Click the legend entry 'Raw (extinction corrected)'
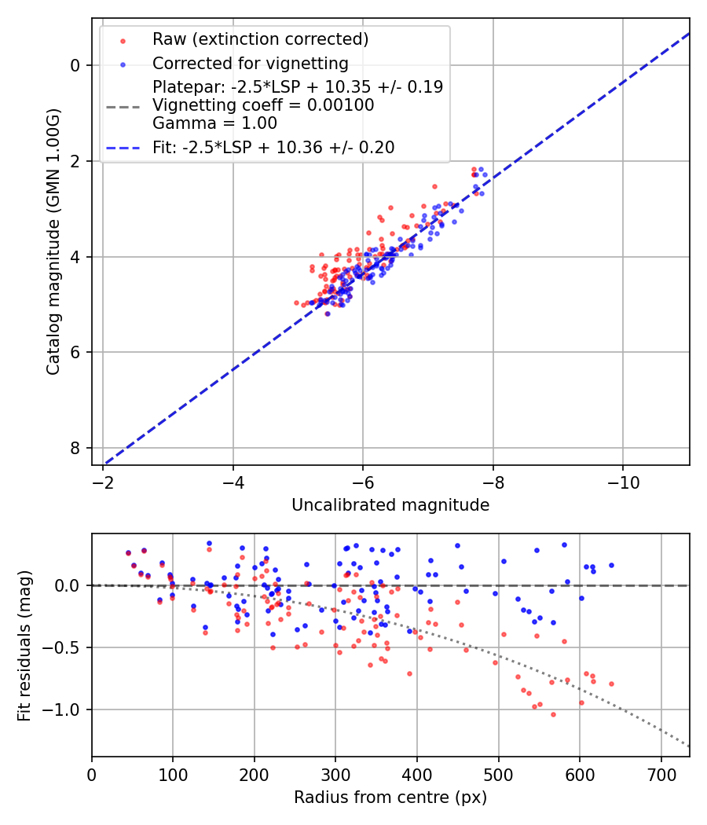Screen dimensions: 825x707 260,39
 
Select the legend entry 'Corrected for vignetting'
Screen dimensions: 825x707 250,63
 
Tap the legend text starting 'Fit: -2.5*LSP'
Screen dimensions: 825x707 273,147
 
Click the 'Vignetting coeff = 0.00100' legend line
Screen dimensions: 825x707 263,104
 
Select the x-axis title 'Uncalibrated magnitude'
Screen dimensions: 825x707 390,505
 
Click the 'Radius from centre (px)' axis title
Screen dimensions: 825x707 390,797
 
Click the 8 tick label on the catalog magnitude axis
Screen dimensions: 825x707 76,448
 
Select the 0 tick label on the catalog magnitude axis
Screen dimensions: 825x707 76,65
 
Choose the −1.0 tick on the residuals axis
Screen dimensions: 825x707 66,709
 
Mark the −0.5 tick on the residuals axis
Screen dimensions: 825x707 66,647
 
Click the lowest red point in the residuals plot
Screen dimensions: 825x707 553,714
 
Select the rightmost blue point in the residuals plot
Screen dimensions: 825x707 611,565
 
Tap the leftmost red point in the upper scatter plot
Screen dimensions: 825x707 296,302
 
